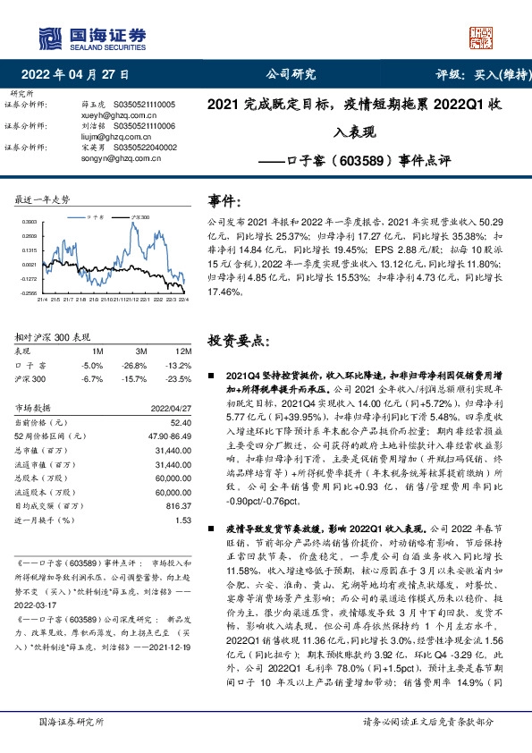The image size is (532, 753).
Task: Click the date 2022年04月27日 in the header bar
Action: click(x=75, y=74)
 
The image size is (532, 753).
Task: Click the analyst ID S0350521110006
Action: click(x=145, y=126)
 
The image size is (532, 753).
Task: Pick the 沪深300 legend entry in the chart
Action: click(x=140, y=217)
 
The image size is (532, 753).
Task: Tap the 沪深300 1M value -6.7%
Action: click(x=92, y=378)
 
